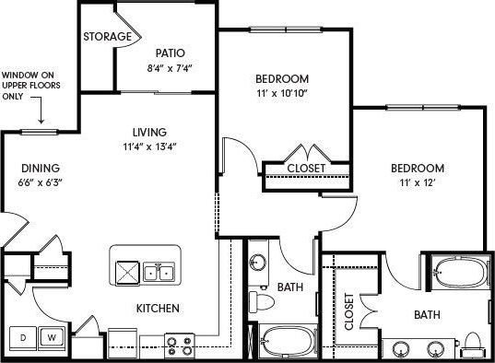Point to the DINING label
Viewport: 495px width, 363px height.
pos(40,169)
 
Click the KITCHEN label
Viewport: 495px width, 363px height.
pos(157,308)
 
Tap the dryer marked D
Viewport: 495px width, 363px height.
pos(24,338)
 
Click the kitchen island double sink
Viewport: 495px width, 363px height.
pos(160,273)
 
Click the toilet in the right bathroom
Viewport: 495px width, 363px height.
pos(475,343)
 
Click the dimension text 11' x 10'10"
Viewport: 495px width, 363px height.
pos(283,93)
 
